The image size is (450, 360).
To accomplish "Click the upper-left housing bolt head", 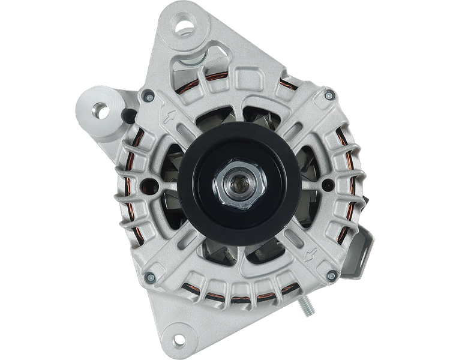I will [x=147, y=94].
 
